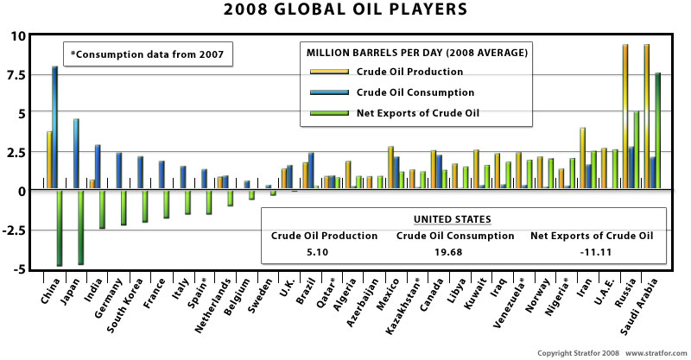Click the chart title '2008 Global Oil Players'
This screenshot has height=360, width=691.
[345, 11]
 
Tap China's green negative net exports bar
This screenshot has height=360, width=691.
[60, 228]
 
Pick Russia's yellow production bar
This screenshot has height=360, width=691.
[625, 117]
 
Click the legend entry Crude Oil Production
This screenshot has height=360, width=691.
[409, 72]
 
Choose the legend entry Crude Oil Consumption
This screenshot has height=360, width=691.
[415, 92]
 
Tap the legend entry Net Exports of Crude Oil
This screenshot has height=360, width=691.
[418, 113]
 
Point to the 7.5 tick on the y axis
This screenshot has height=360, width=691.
[18, 75]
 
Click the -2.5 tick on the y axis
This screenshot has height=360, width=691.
[16, 230]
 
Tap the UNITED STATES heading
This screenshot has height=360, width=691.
[463, 219]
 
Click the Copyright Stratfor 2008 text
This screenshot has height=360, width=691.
[574, 353]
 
